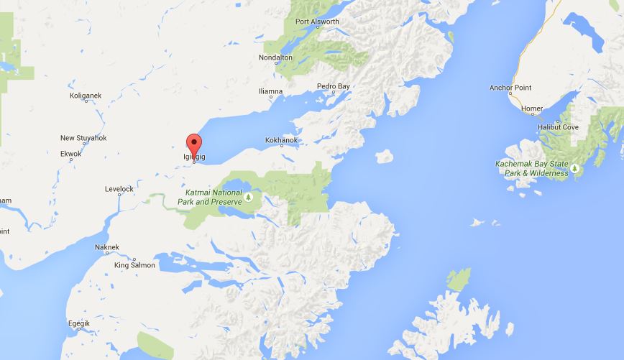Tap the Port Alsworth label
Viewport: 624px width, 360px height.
(317, 22)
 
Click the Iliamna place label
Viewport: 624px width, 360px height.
(271, 91)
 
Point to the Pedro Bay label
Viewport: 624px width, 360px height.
(334, 86)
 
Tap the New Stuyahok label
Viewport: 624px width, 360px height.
(83, 138)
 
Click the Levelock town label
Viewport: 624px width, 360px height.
(119, 189)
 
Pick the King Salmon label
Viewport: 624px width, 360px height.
(134, 265)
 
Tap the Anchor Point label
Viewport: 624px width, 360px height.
(510, 88)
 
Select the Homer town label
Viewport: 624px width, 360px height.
(532, 109)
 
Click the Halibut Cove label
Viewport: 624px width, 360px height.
(558, 127)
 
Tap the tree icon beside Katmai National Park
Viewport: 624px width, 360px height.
(248, 197)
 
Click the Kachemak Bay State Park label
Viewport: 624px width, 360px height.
(532, 168)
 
